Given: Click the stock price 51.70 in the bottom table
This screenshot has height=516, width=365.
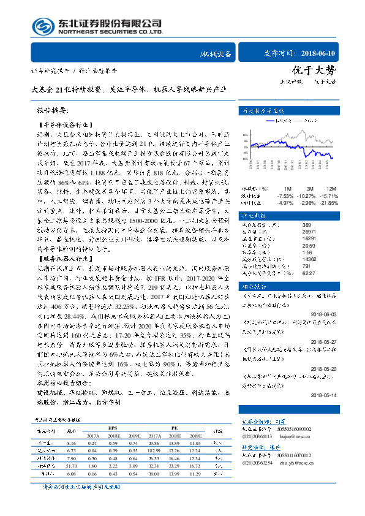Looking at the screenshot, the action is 71,466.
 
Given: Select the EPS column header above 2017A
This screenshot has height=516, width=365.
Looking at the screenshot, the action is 113,428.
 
